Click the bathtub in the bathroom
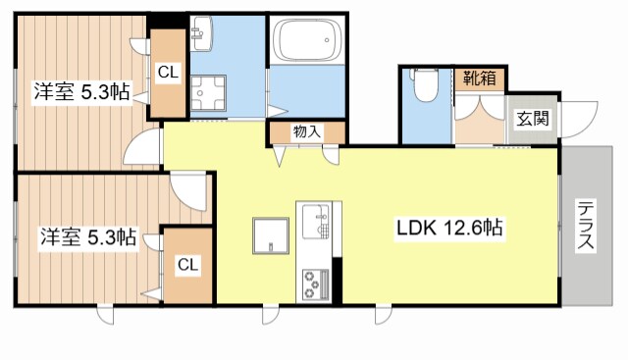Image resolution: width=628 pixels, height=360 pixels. [x=307, y=41]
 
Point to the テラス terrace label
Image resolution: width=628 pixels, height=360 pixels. [x=586, y=227]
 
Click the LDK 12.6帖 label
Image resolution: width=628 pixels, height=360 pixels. [x=450, y=230]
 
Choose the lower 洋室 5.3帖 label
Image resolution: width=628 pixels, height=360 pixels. [x=88, y=236]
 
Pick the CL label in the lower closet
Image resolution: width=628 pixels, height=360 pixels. [x=187, y=264]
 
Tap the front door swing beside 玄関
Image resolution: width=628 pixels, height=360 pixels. [x=580, y=118]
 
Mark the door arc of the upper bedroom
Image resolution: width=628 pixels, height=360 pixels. [x=144, y=148]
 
